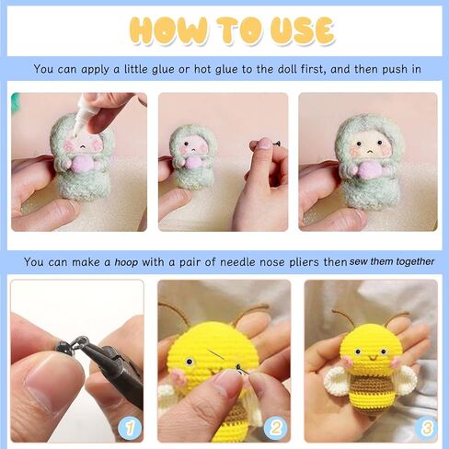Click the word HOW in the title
[x=168, y=30]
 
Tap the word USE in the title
[x=302, y=30]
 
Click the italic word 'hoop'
[x=126, y=262]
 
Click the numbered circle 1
[x=130, y=428]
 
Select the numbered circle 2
[x=276, y=428]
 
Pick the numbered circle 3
[x=426, y=428]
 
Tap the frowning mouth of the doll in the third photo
[x=370, y=152]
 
